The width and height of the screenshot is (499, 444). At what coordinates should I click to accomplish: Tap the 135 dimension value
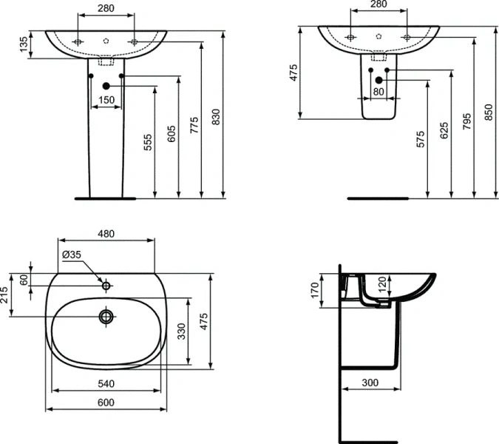click(x=24, y=47)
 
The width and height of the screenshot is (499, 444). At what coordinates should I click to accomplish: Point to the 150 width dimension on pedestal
click(x=106, y=100)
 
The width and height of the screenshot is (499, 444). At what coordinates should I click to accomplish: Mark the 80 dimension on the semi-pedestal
click(x=379, y=92)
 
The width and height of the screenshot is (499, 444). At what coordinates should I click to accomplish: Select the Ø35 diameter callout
click(x=72, y=255)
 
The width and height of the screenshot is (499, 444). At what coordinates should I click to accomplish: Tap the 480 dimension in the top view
click(x=106, y=233)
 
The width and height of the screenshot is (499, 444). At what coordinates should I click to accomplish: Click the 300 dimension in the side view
click(x=370, y=383)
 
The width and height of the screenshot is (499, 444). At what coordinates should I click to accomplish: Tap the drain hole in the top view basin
click(x=106, y=317)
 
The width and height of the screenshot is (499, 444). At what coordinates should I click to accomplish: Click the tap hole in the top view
click(x=106, y=285)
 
